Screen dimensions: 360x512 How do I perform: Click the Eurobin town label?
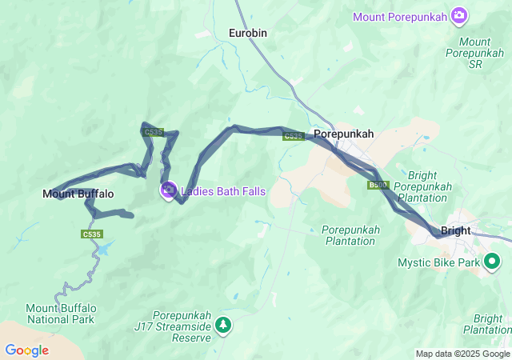tap(247, 33)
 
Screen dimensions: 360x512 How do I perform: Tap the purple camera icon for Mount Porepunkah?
tap(459, 15)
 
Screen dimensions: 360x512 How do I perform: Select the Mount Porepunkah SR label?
tap(475, 52)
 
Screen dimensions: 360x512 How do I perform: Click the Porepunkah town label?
tap(343, 134)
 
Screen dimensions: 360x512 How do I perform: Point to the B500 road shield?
tap(378, 185)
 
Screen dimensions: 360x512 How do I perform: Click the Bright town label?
tap(456, 230)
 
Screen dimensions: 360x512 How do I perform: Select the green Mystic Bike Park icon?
tap(494, 262)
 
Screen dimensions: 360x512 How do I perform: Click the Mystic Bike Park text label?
tap(438, 262)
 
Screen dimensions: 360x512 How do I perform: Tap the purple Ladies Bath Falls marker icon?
tap(168, 190)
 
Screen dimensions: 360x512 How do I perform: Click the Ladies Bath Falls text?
tap(223, 191)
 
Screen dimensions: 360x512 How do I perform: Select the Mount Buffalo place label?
tap(78, 194)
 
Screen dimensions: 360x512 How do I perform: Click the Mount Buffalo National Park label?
tap(60, 314)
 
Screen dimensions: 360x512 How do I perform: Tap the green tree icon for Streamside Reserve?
tap(224, 324)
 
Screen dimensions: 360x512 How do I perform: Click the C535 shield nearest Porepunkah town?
tap(293, 136)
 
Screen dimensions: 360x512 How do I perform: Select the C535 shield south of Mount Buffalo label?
tap(91, 234)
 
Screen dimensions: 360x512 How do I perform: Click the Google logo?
tap(26, 350)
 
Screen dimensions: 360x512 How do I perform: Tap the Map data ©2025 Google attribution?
tap(462, 354)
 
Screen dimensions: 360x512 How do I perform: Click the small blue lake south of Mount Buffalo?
tap(104, 249)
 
